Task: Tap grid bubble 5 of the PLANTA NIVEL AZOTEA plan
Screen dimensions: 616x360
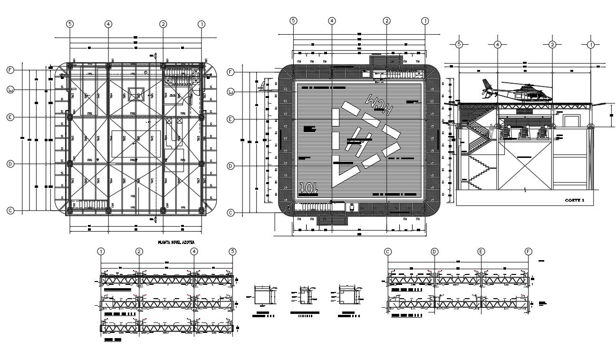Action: click(x=70, y=24)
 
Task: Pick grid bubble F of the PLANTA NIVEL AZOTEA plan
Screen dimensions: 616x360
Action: click(x=10, y=70)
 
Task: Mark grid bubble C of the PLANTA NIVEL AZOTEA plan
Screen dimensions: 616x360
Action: click(x=10, y=210)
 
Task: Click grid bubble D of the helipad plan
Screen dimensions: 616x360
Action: click(x=231, y=166)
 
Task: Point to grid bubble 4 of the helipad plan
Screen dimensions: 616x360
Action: click(x=332, y=20)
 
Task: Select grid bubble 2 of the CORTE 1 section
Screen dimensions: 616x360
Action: click(x=552, y=45)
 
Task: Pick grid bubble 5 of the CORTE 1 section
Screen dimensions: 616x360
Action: click(x=459, y=45)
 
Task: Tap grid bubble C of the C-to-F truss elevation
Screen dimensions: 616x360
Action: click(x=388, y=252)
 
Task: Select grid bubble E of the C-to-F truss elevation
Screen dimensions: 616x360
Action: click(x=481, y=252)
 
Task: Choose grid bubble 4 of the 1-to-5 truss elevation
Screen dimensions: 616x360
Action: click(x=194, y=252)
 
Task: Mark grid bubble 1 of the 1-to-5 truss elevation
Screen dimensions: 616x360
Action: click(x=101, y=252)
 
